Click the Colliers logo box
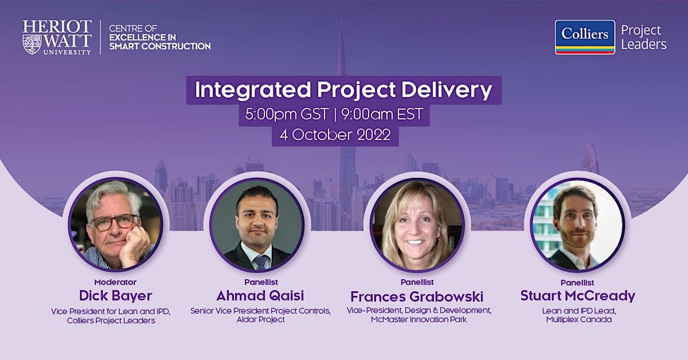pos(585,37)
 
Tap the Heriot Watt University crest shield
pos(32,45)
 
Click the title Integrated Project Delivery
pos(343,89)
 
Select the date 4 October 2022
pos(335,135)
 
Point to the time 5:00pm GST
pos(287,114)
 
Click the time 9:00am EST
pos(382,114)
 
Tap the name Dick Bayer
pos(115,295)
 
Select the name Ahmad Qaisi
pos(260,295)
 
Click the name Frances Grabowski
pos(417,296)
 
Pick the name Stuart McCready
pos(578,295)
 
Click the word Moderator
pos(115,282)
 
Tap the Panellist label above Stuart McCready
pos(577,283)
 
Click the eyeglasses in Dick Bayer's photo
pos(115,222)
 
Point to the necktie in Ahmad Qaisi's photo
pos(261,263)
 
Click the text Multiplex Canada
pos(578,320)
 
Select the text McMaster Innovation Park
pos(419,319)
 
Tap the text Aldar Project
pos(260,319)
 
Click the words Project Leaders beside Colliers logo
pos(644,37)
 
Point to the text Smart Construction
pos(160,46)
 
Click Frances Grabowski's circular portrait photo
pos(417,225)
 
